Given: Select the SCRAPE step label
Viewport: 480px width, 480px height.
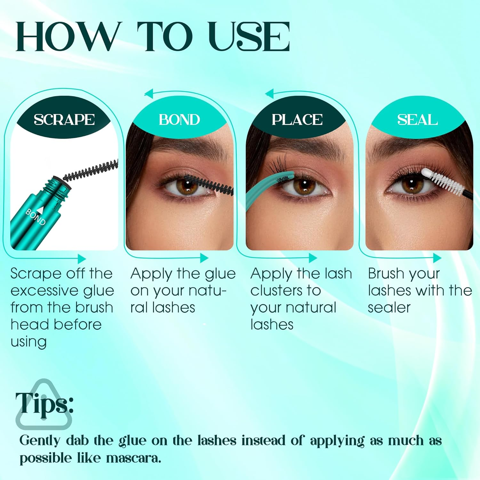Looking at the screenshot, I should point(64,120).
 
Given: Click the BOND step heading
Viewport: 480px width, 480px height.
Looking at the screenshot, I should point(179,120).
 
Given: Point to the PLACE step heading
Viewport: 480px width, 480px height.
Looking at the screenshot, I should point(297,120).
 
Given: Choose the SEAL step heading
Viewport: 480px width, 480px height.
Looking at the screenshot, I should point(417,120).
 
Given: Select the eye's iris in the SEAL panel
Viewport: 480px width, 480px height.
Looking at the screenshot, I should point(411,186).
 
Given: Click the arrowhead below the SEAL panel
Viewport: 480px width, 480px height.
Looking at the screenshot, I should point(437,258).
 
